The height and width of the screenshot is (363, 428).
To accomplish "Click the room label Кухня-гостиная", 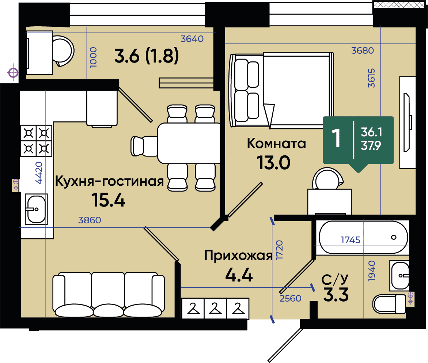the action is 109,181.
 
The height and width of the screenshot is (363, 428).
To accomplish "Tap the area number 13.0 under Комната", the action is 273,163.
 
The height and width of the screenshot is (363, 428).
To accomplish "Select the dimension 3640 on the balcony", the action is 192,39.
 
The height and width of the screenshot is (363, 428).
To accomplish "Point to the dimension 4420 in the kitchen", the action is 39,173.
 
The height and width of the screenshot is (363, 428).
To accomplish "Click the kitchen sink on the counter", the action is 36,209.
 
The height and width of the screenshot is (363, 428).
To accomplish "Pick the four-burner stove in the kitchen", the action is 36,141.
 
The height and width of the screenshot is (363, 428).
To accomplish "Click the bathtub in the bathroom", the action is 364,237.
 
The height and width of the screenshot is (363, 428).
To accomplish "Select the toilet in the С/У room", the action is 390,303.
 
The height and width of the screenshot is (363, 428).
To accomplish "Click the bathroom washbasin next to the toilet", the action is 399,275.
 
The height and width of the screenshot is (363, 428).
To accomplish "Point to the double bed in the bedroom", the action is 281,90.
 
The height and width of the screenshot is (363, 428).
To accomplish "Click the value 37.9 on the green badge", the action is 371,146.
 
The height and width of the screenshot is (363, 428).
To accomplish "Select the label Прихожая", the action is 238,256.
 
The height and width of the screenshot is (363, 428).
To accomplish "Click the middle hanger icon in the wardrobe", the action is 215,309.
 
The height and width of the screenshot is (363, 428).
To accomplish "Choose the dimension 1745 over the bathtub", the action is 351,240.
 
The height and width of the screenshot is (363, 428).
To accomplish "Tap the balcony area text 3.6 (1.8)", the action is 146,56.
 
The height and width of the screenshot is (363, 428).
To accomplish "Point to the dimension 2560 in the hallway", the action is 291,298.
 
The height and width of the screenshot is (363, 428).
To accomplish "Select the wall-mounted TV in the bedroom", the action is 407,122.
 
